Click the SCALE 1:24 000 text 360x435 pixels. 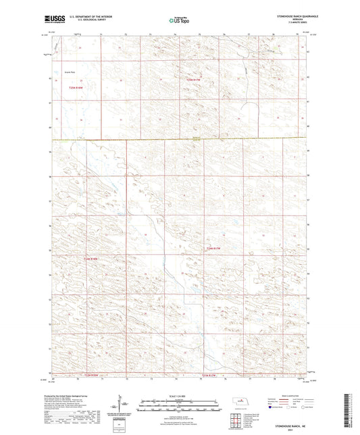tap(179, 396)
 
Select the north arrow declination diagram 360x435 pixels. tap(122, 404)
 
